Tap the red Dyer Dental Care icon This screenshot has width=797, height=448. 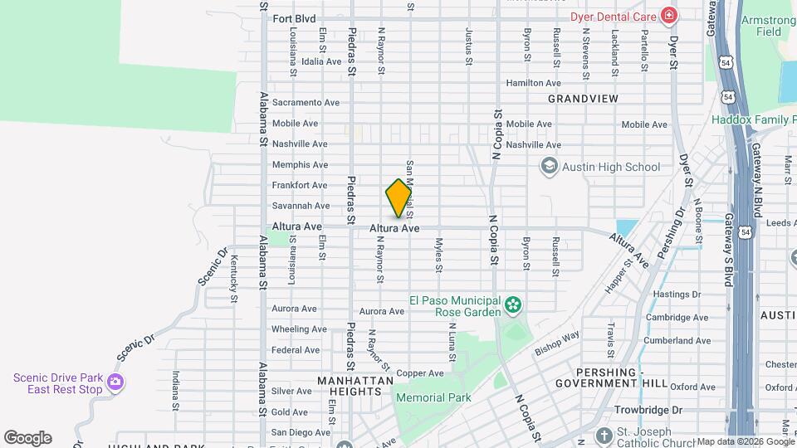668,16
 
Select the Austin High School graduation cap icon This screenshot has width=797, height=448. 548,167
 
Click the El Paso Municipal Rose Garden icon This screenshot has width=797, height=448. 513,306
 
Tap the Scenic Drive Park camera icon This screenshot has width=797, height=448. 115,383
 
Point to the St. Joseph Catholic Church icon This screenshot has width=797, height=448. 604,436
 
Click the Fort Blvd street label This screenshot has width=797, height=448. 294,18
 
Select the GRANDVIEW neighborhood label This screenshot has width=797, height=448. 583,98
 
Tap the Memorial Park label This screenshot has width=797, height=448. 433,398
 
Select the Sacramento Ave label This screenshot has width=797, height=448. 306,103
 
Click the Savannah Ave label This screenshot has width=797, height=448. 301,206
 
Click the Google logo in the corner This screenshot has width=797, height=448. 27,437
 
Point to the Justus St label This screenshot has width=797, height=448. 468,46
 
